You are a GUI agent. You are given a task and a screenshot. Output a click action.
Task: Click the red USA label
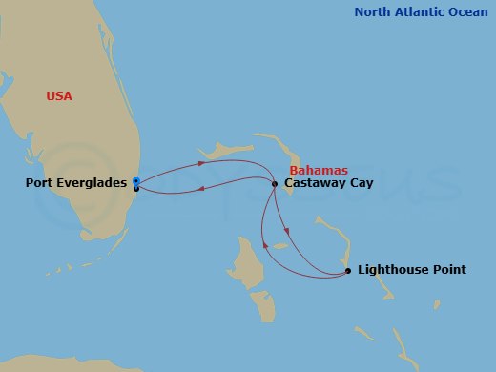(x=58, y=95)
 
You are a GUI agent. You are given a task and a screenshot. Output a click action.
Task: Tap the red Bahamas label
(x=319, y=171)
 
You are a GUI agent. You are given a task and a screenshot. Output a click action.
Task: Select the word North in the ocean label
(x=374, y=12)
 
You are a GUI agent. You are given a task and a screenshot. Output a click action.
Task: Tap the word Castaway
(x=315, y=183)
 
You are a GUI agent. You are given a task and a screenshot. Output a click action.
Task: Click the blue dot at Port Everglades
(x=136, y=180)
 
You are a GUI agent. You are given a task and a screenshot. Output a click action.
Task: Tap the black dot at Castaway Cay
(x=275, y=183)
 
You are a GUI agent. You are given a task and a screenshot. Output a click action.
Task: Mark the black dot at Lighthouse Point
(x=347, y=271)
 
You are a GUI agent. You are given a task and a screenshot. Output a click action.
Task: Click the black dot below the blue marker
(x=136, y=189)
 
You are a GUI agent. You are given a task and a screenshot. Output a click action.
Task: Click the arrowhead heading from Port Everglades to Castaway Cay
(x=216, y=163)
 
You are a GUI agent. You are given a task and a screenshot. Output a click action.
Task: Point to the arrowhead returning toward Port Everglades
(x=200, y=190)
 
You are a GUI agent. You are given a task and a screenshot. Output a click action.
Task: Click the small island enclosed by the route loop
(x=280, y=247)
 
